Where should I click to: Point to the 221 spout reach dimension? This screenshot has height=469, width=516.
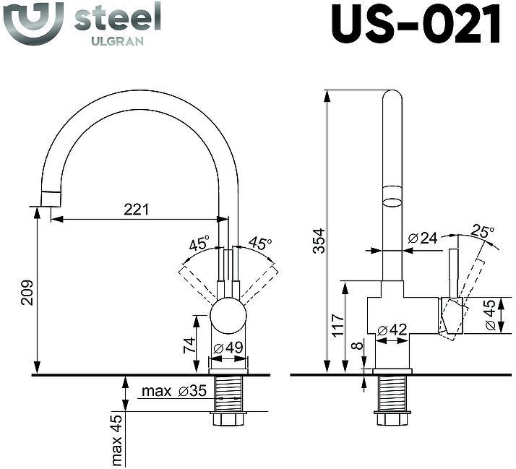click(x=136, y=210)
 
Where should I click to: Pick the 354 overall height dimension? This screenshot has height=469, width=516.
click(x=319, y=241)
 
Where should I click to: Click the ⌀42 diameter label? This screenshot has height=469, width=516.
click(x=393, y=329)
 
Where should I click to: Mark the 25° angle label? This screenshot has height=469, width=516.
click(x=483, y=232)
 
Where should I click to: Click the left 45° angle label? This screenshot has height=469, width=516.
click(x=199, y=244)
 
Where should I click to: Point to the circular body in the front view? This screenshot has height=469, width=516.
click(x=228, y=316)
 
